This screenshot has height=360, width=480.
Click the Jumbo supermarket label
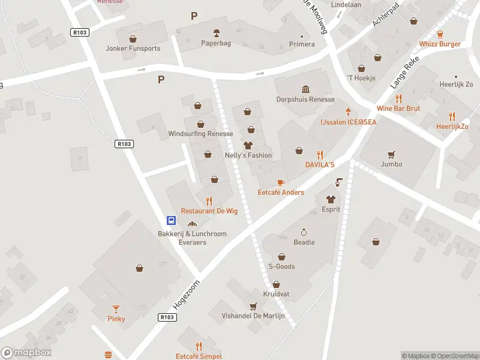391,164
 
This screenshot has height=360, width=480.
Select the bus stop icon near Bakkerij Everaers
171,220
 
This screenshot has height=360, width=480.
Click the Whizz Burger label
440,44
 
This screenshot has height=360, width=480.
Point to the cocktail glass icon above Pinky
116,308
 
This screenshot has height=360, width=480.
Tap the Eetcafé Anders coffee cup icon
280,182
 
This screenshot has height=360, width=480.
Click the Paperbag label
216,43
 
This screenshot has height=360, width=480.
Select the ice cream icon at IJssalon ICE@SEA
348,112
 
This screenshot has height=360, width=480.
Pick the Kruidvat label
276,293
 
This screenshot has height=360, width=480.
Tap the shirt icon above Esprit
330,199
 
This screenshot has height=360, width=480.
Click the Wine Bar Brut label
398,109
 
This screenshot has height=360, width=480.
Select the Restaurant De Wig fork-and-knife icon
209,201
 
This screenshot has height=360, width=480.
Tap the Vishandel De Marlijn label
253,316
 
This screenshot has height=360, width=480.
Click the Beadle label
304,242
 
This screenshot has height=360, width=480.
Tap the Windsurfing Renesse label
200,133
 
